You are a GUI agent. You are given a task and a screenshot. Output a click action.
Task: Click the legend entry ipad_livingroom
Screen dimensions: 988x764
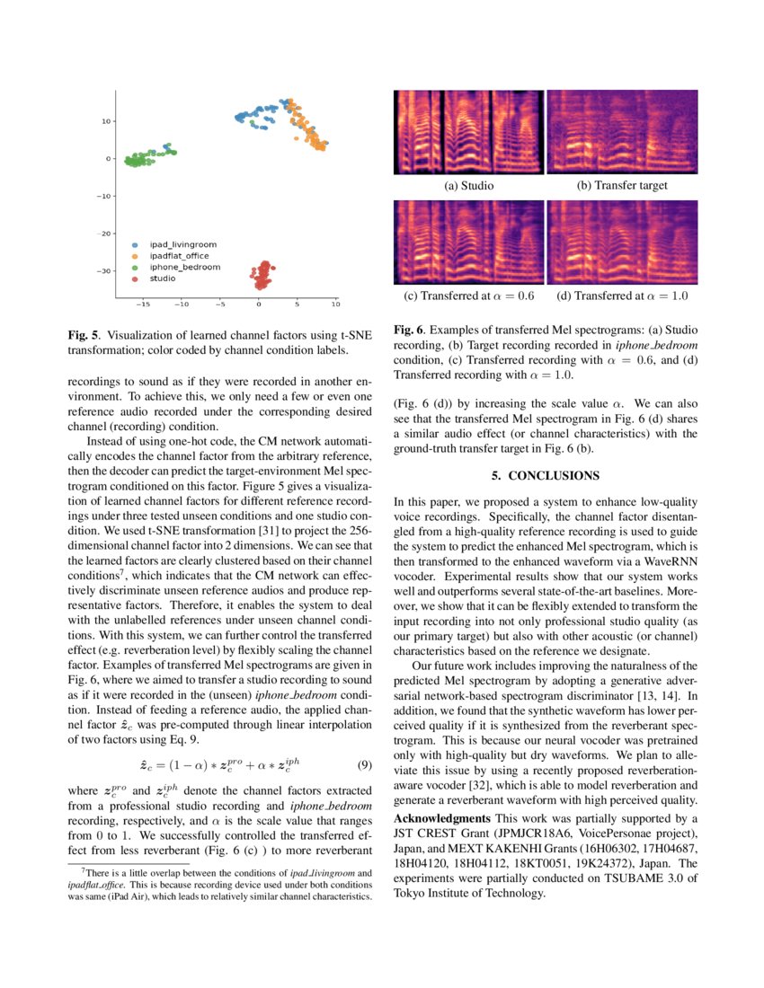[182, 244]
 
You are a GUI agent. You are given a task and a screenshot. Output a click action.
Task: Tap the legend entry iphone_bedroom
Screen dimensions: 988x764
[182, 268]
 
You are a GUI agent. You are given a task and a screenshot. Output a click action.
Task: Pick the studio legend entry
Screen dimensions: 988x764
[163, 278]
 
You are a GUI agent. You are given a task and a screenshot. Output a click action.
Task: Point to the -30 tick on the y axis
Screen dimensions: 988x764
[104, 270]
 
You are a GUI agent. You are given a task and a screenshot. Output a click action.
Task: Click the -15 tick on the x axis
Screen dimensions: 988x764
[143, 304]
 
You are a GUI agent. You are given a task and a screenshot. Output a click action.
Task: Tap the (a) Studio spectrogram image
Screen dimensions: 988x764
[468, 132]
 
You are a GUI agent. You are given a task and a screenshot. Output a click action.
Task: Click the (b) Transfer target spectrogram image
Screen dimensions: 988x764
[621, 132]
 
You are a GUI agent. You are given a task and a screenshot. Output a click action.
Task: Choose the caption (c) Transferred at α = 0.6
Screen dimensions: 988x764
[468, 296]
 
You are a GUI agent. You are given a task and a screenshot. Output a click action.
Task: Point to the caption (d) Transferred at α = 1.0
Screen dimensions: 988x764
[622, 296]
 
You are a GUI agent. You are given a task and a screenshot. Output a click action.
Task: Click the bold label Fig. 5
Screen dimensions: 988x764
[84, 335]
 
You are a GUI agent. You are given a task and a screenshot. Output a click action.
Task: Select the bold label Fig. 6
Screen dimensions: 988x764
[410, 331]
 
